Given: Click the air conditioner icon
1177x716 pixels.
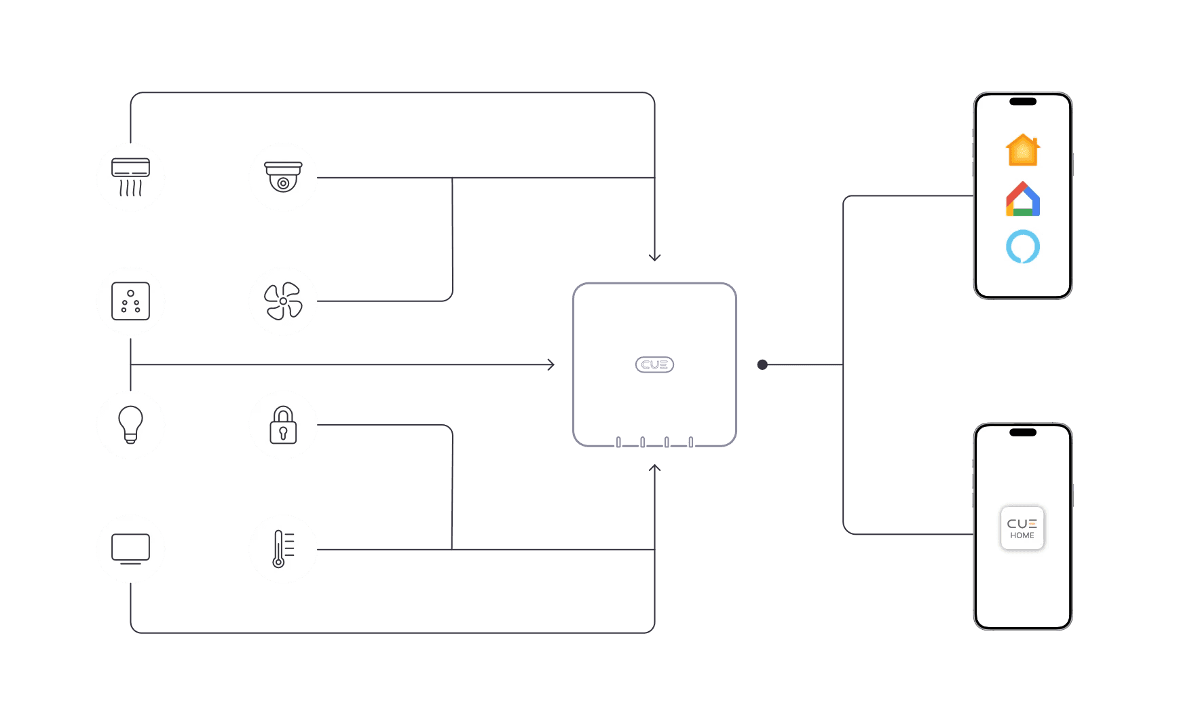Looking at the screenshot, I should (x=130, y=177).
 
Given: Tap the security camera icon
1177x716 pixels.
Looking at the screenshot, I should (x=283, y=177).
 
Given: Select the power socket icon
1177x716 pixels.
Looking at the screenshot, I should (x=130, y=301).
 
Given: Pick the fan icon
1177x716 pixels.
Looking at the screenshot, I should (x=283, y=301).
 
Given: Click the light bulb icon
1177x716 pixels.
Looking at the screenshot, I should (x=130, y=425).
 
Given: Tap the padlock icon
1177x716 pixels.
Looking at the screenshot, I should (x=283, y=425).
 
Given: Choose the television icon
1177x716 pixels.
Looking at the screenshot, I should (x=130, y=549).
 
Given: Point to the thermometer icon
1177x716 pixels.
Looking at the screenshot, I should (x=283, y=549).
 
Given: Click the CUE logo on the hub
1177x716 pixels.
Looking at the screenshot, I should (x=654, y=365).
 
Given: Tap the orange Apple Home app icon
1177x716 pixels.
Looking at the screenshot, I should (x=1023, y=150).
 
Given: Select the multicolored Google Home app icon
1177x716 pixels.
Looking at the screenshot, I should (x=1023, y=200).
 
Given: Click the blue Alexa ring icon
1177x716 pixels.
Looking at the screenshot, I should (x=1023, y=247).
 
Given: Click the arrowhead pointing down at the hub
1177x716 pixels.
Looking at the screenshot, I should (x=655, y=257).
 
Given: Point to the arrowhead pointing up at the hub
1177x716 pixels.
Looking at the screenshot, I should (x=655, y=468).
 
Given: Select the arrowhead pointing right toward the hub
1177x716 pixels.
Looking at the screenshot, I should (x=551, y=365).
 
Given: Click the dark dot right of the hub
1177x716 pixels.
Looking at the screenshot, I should (x=762, y=365).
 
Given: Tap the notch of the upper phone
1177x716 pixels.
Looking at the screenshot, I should (x=1023, y=102).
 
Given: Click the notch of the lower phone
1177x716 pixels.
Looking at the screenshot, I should (x=1023, y=432).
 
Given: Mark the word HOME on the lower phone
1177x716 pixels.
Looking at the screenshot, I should (x=1022, y=535).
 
